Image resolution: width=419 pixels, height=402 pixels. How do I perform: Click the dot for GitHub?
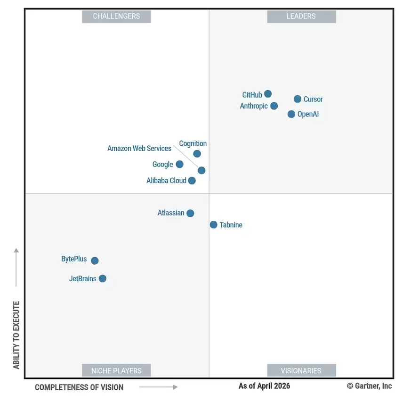[x=268, y=94]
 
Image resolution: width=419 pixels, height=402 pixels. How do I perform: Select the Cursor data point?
[x=298, y=99]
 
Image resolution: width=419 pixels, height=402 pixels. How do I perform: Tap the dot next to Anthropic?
[x=274, y=106]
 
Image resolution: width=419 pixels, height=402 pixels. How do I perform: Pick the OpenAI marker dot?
[x=291, y=114]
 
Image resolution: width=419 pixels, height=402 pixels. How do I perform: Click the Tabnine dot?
[x=214, y=225]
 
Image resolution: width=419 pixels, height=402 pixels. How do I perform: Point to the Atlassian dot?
[x=190, y=213]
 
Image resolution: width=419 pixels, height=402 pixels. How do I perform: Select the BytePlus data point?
[x=95, y=260]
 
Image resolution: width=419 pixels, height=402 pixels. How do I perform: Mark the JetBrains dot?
[x=103, y=278]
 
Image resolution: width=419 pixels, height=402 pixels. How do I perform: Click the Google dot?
[x=179, y=164]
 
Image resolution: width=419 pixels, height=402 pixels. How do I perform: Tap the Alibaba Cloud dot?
[x=192, y=181]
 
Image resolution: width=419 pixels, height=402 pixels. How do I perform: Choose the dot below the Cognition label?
[x=197, y=154]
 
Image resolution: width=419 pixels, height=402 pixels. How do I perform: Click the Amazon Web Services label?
[x=139, y=148]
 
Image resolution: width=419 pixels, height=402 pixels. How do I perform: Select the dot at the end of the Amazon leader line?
[x=201, y=170]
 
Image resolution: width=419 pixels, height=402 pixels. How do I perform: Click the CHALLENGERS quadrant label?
[x=116, y=17]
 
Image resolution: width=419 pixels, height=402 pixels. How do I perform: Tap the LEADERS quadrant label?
[x=301, y=17]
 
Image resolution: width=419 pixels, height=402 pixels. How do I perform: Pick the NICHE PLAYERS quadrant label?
[x=116, y=371]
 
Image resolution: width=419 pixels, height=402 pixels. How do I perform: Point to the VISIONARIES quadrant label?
[x=301, y=371]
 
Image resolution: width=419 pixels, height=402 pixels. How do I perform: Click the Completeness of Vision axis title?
[x=79, y=387]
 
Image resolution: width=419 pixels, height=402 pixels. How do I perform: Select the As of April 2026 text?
[x=264, y=386]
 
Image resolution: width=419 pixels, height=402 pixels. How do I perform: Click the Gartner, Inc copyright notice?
[x=369, y=386]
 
